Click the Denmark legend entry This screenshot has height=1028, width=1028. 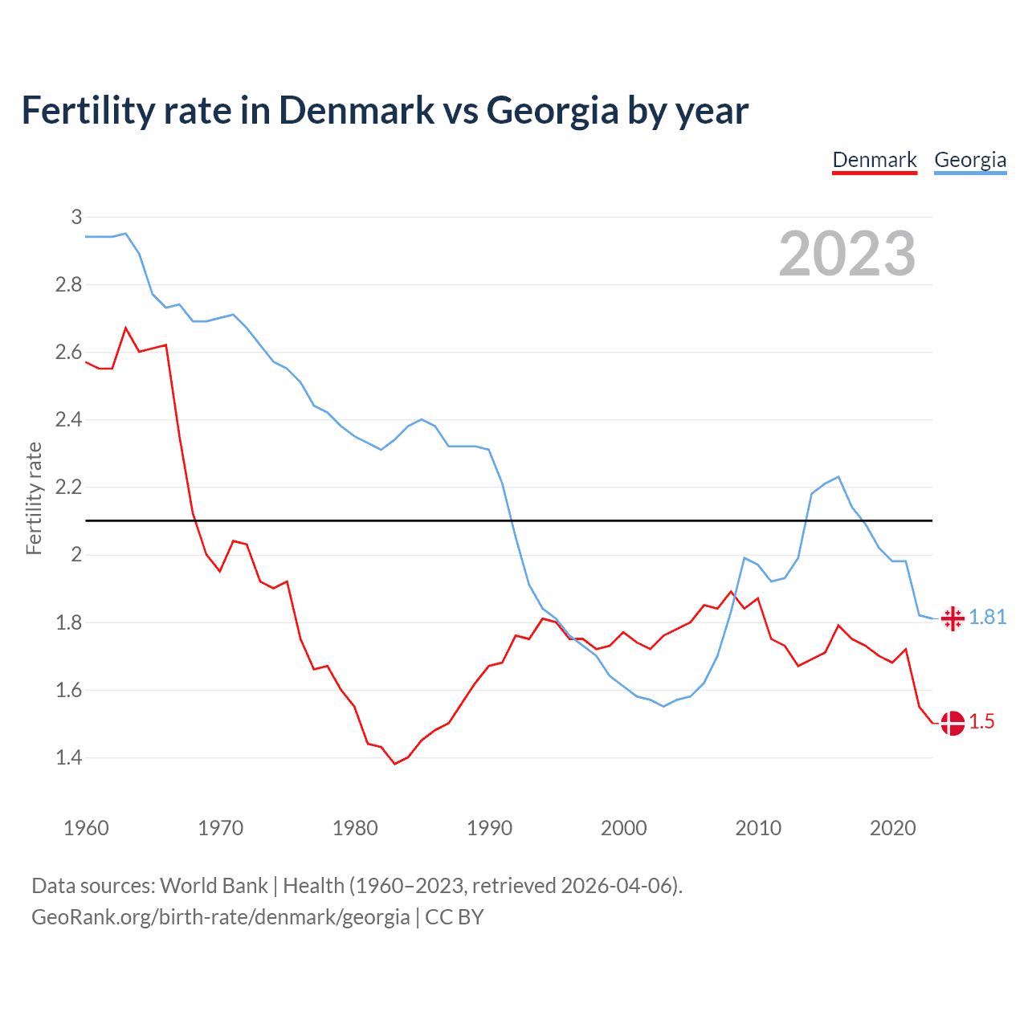tap(874, 160)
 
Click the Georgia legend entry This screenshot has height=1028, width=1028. tap(969, 160)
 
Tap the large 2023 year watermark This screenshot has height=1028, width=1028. tap(847, 254)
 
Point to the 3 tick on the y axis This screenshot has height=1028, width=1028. tap(76, 217)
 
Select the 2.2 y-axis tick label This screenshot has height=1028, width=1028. tap(68, 487)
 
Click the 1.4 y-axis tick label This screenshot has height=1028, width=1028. tap(68, 757)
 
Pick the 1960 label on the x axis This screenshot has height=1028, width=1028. tap(86, 828)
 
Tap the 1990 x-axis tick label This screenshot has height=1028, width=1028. tap(489, 828)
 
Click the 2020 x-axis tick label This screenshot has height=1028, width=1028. tap(892, 828)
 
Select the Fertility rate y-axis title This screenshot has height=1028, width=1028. tap(34, 498)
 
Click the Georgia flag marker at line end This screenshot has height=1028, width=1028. tap(953, 618)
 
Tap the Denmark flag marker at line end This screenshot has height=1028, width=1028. tap(953, 723)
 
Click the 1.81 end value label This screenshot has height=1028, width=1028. tap(987, 617)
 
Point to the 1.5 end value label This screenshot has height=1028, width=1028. tap(981, 721)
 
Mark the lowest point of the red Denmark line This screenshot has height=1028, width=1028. tap(394, 764)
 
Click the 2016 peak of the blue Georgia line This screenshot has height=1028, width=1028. tap(838, 477)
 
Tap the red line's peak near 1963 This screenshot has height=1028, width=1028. tap(126, 328)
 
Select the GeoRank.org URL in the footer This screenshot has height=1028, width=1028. tap(220, 917)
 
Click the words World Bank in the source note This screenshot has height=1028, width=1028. tap(214, 885)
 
